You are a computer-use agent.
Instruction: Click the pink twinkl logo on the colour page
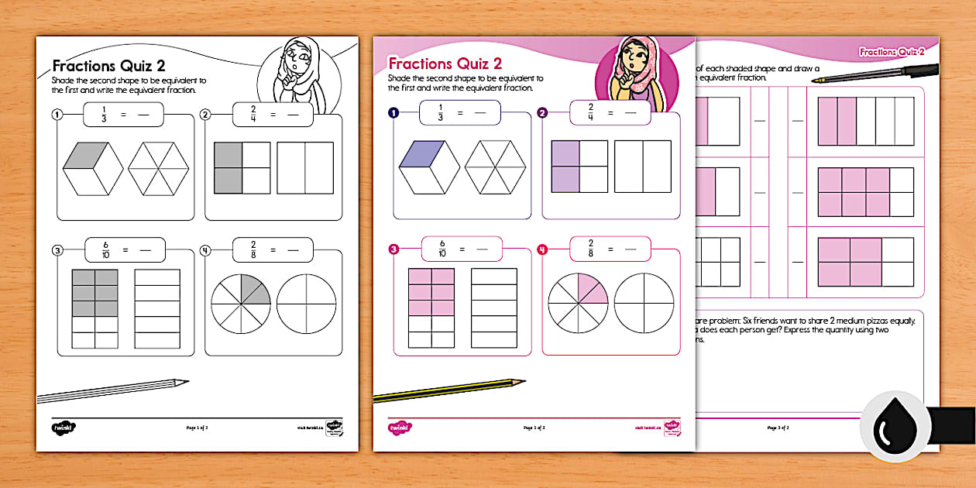[x=400, y=427]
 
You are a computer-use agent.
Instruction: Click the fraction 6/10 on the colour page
[x=442, y=249]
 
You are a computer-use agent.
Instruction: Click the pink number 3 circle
[x=393, y=249]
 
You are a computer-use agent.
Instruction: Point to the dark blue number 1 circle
[x=393, y=113]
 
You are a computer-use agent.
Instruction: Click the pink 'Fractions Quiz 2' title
[x=445, y=64]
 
